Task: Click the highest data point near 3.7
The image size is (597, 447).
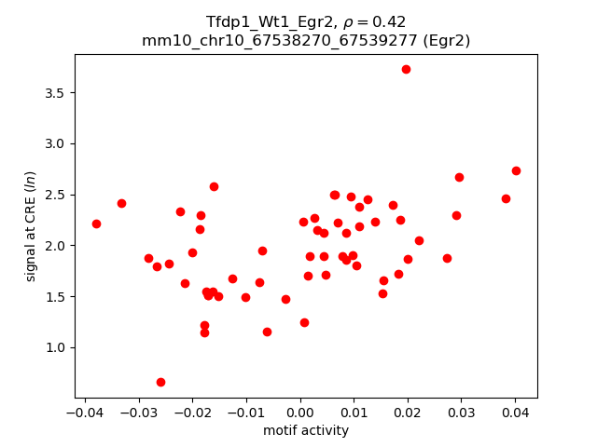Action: tap(406, 69)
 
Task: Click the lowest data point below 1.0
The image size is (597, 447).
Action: tap(160, 382)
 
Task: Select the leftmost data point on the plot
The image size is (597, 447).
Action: tap(96, 223)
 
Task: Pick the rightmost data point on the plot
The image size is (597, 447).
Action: tap(516, 170)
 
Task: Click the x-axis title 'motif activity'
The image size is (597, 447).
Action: tap(306, 430)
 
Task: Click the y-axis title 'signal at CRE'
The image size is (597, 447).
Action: tap(31, 224)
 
